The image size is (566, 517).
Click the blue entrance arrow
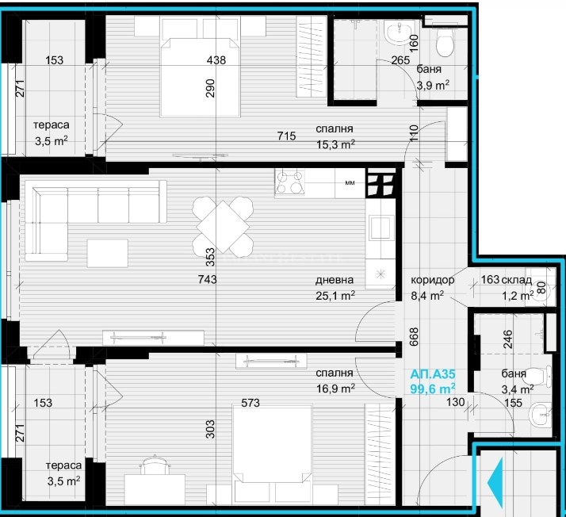click(x=495, y=482)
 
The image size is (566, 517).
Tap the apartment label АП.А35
click(x=433, y=374)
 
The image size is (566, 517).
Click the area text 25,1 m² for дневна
click(x=335, y=296)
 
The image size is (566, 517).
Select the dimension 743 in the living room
click(x=208, y=279)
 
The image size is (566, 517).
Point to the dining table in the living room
click(x=223, y=227)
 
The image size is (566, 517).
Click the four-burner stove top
click(x=289, y=182)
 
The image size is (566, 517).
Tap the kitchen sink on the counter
click(x=381, y=228)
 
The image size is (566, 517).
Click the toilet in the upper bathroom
click(x=445, y=41)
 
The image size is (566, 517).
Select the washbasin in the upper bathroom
click(x=399, y=33)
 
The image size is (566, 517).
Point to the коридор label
click(x=433, y=280)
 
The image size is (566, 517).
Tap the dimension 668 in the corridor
click(x=414, y=336)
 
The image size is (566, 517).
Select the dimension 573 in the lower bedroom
click(x=250, y=403)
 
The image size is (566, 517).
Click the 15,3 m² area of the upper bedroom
click(x=335, y=144)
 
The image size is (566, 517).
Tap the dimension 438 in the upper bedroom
click(x=216, y=60)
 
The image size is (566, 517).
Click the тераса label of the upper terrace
click(x=52, y=125)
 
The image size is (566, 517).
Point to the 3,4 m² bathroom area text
click(x=518, y=389)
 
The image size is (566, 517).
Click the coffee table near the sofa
click(x=108, y=254)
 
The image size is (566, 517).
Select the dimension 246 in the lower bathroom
click(x=507, y=339)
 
